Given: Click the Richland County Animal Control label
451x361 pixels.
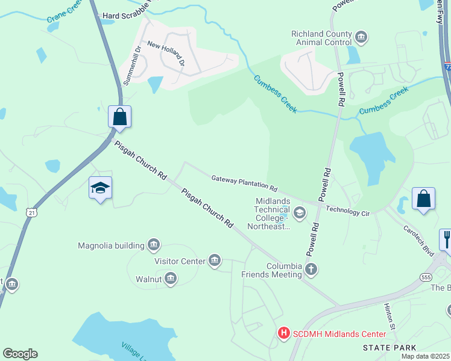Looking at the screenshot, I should coord(321,39).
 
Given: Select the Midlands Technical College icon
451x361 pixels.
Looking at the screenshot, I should coord(299,212).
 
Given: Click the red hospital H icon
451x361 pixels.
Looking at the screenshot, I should coord(283,333).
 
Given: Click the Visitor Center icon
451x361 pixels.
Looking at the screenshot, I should coord(214,261).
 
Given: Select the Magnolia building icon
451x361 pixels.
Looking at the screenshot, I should coord(154,245).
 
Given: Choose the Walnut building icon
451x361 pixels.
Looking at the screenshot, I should coord(171,279).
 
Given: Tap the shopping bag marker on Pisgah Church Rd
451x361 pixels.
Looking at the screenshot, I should coord(119,116).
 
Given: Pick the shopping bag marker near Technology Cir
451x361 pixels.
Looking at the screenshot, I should coord(423,199).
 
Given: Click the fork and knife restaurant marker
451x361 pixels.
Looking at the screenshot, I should coord(446,239).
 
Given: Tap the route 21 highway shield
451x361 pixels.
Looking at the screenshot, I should coord(31,212).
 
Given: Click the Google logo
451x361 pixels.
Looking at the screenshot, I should coord(20,354).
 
